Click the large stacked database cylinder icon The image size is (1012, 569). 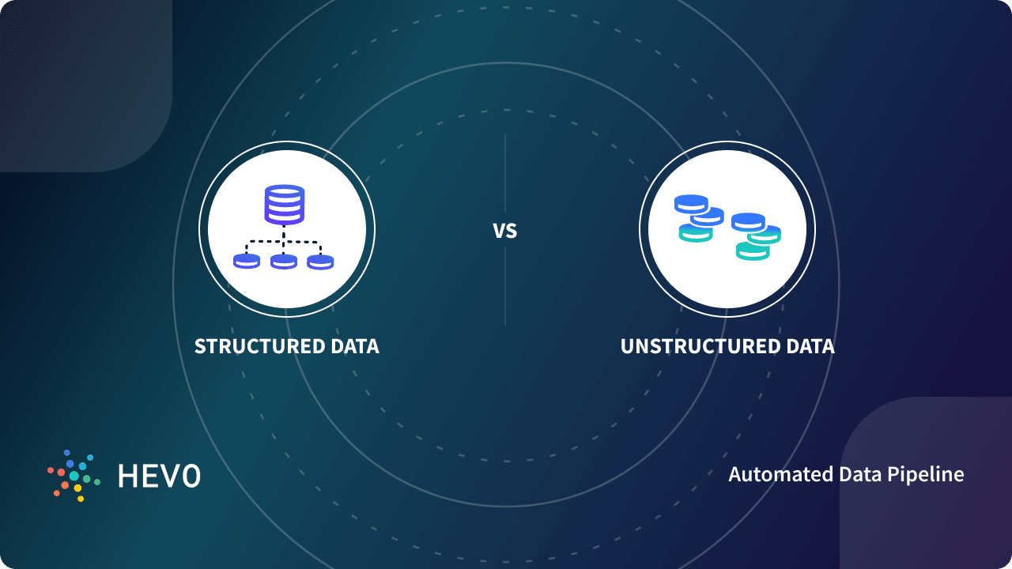[x=284, y=204]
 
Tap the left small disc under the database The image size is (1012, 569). [x=247, y=261]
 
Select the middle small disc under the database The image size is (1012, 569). [x=284, y=261]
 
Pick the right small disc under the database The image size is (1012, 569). [x=320, y=261]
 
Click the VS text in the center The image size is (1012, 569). [x=504, y=231]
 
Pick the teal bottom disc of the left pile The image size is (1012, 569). [x=695, y=232]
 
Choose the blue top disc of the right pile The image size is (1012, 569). [x=748, y=221]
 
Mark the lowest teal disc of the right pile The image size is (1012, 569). [x=753, y=251]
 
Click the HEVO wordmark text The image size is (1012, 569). [x=159, y=476]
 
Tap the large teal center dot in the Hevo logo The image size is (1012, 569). [x=74, y=476]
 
